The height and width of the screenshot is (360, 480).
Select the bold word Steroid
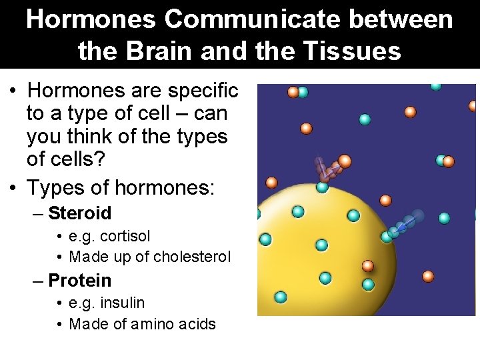[x=80, y=213]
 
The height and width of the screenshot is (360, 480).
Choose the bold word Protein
[x=80, y=281]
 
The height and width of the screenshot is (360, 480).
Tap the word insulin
[x=122, y=303]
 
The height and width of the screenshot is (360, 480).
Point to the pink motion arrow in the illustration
[x=327, y=171]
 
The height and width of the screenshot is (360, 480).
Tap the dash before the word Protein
[x=38, y=281]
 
